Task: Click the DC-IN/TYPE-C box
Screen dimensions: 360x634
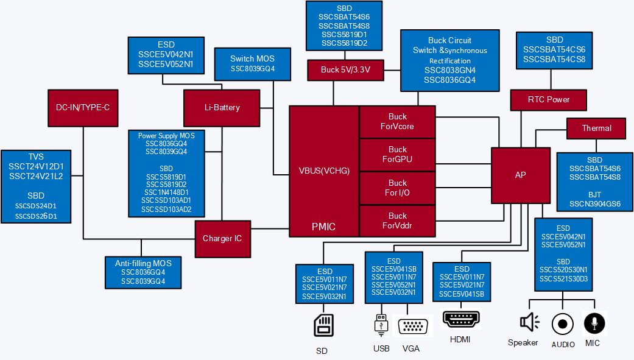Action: (x=82, y=108)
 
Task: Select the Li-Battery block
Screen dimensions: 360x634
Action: (x=222, y=108)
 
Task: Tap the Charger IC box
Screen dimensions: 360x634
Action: (x=222, y=238)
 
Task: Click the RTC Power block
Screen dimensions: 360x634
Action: (x=549, y=99)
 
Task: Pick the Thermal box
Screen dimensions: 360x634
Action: (x=596, y=128)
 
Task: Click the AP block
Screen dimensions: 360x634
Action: (x=520, y=175)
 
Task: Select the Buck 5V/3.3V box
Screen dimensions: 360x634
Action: (x=345, y=70)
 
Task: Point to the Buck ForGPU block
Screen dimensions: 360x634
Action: (x=397, y=155)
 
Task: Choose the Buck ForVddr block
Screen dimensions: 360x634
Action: (x=397, y=221)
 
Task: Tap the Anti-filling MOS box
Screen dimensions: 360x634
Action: (x=143, y=272)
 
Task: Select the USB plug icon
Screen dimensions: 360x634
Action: (x=381, y=325)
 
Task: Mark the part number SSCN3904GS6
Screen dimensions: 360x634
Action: (x=594, y=204)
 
